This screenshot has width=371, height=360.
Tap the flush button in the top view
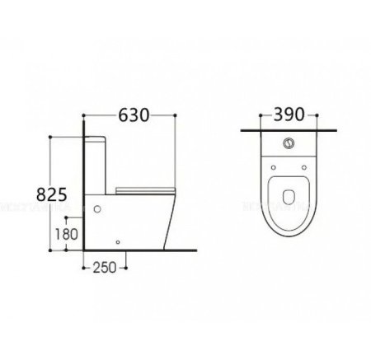pos(288,143)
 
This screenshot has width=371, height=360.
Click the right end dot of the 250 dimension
pos(125,267)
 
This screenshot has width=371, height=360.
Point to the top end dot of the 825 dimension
pos(53,138)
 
